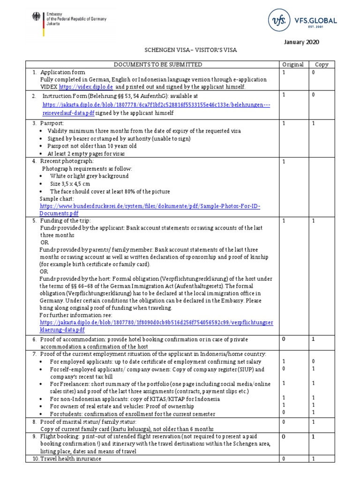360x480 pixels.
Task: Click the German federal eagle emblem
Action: pos(36,17)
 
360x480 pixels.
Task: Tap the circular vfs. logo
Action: pos(277,20)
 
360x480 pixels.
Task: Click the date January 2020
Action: pos(302,42)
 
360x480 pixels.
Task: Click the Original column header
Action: pos(292,64)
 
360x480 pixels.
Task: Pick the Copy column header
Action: pos(322,64)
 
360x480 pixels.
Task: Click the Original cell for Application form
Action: pos(284,73)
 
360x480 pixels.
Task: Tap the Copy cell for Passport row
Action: pos(314,123)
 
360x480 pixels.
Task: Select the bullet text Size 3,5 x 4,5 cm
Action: pos(70,184)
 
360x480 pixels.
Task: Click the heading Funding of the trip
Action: pos(66,220)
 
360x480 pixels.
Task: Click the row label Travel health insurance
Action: pos(70,459)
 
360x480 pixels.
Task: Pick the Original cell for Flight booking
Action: pos(284,436)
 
